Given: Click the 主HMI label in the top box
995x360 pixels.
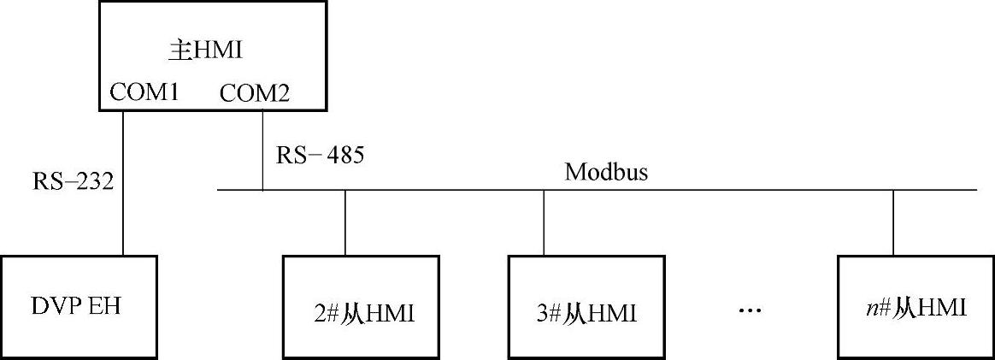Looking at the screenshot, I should pyautogui.click(x=206, y=50).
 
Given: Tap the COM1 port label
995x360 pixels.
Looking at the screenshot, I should pyautogui.click(x=144, y=91).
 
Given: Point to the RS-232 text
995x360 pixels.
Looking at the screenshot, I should pyautogui.click(x=74, y=181).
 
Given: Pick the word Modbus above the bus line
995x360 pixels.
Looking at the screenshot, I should pyautogui.click(x=606, y=172).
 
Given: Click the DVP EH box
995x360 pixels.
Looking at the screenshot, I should pyautogui.click(x=78, y=306).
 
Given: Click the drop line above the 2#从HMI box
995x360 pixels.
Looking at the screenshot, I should pyautogui.click(x=345, y=221).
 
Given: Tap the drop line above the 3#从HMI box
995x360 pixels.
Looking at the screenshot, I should pyautogui.click(x=544, y=221).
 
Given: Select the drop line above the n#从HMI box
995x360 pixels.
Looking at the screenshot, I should pyautogui.click(x=893, y=221).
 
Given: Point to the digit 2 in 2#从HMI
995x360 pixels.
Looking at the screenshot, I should pyautogui.click(x=320, y=314).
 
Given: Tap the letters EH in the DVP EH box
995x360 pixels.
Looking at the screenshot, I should pyautogui.click(x=104, y=306).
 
